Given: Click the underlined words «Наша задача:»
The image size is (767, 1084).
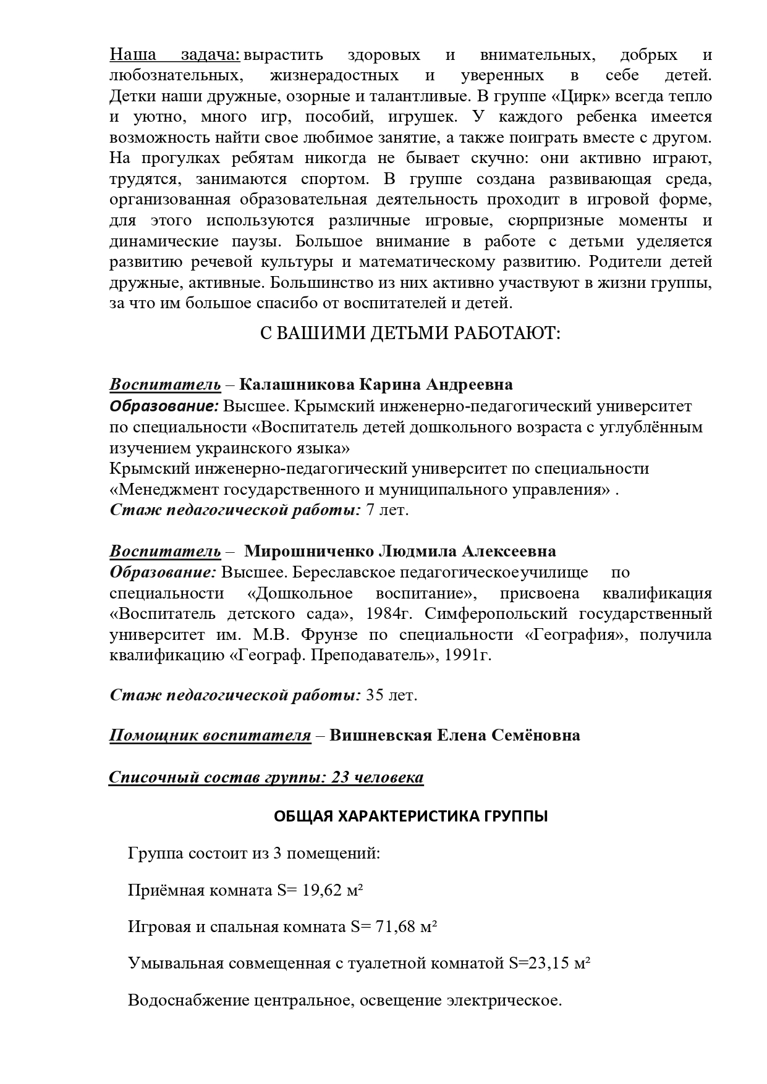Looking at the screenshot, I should [175, 55].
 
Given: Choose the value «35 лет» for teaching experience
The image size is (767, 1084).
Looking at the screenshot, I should [392, 695].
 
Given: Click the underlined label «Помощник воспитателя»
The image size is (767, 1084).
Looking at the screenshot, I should [210, 735].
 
